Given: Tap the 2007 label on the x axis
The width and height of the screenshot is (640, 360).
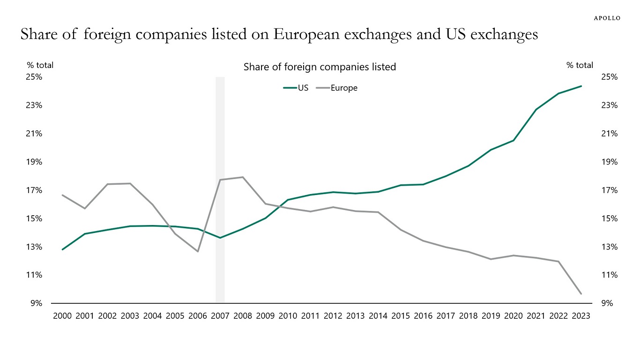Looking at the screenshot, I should [x=220, y=316].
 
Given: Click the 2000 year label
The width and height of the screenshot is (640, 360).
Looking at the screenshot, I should [x=62, y=316].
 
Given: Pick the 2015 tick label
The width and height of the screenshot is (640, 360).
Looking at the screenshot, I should [x=401, y=316].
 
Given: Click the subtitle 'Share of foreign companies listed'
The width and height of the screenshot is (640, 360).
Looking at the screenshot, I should [x=320, y=67].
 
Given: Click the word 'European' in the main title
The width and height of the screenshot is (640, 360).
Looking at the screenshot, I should [x=319, y=35].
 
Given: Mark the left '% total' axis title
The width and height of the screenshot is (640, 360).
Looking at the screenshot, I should [x=40, y=65].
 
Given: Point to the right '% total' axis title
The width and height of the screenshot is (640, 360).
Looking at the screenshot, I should [x=580, y=65].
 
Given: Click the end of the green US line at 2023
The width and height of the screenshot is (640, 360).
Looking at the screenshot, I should [x=581, y=86].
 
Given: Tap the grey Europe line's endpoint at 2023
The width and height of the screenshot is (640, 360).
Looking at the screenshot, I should [x=581, y=294].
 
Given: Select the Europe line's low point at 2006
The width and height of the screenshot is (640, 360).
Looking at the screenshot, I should [x=198, y=251].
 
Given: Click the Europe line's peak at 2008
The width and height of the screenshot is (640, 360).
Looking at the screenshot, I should [x=243, y=177].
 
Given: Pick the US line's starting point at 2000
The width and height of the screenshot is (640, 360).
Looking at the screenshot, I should [x=62, y=249].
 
